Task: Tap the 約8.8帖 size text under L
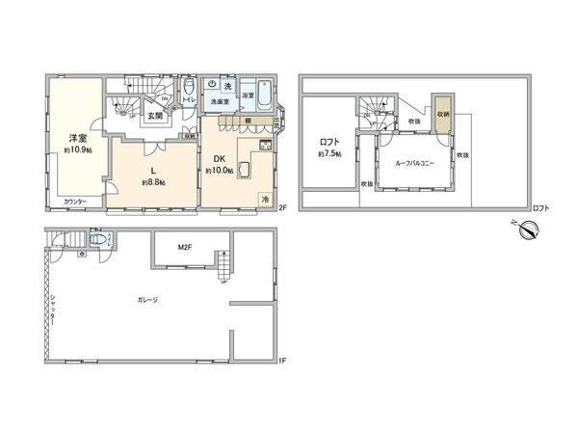pyautogui.click(x=153, y=182)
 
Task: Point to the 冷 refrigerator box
pyautogui.click(x=265, y=199)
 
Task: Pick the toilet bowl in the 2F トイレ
pyautogui.click(x=188, y=86)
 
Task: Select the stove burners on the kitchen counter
pyautogui.click(x=265, y=146)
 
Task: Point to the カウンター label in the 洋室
pyautogui.click(x=75, y=202)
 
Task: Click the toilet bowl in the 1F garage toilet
pyautogui.click(x=97, y=241)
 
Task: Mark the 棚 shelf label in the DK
pyautogui.click(x=249, y=121)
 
